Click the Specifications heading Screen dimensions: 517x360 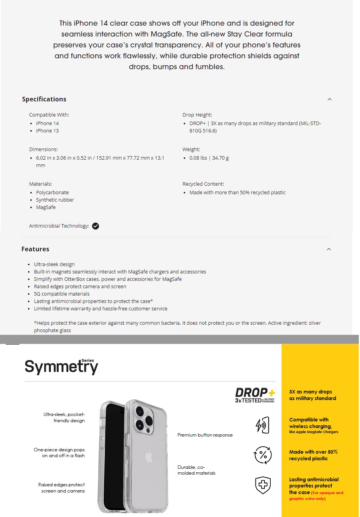pos(44,99)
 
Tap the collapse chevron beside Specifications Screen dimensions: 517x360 pos(329,99)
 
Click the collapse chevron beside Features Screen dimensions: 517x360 pos(329,249)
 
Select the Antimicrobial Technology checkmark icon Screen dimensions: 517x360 pos(96,226)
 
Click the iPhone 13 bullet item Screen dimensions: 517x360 pos(47,131)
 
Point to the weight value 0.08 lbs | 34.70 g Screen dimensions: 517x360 pos(209,158)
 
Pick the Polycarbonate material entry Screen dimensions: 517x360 pos(52,193)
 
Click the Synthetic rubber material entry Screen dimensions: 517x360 pos(55,200)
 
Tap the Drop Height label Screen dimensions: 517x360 pos(197,115)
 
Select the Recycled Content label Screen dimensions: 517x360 pos(203,184)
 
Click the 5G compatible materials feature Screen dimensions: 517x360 pos(62,294)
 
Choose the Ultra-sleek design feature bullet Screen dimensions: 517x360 pos(54,265)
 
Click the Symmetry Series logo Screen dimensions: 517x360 pos(61,366)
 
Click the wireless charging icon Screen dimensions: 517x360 pos(263,425)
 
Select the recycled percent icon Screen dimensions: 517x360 pos(263,455)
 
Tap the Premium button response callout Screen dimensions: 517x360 pos(205,435)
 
